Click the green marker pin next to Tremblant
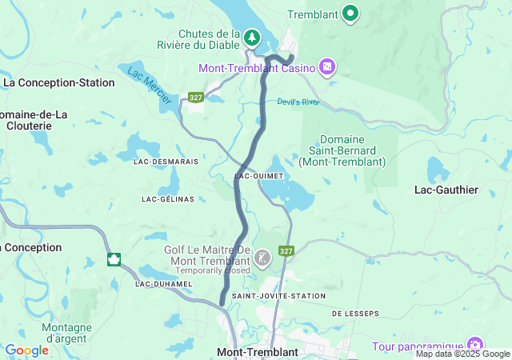(x=350, y=13)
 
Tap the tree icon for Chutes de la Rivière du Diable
(x=252, y=38)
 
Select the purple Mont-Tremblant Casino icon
(x=326, y=66)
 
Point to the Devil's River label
(x=298, y=102)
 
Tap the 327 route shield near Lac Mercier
(x=195, y=97)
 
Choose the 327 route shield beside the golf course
(x=286, y=250)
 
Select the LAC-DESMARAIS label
(x=166, y=161)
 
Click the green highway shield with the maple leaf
(x=114, y=259)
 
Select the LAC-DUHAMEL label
(x=164, y=284)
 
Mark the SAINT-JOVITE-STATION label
(x=278, y=296)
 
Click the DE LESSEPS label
(x=354, y=313)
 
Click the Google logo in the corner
(x=27, y=350)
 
